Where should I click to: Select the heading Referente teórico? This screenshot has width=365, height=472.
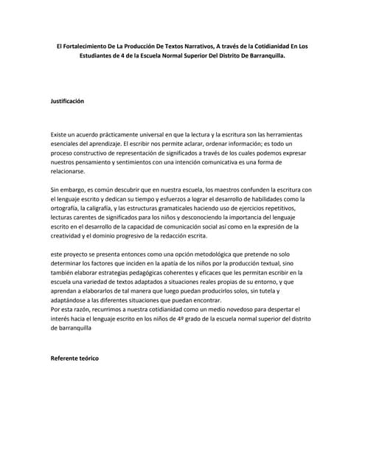[74, 358]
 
